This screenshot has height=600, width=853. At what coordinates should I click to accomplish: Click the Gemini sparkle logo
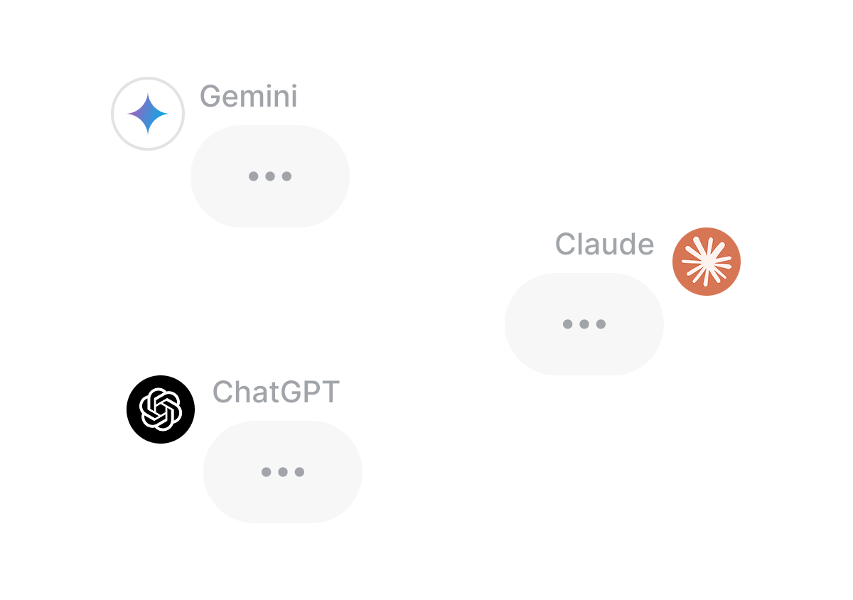[148, 114]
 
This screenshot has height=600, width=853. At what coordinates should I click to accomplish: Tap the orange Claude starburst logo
[707, 262]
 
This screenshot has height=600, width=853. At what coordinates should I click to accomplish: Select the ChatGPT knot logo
[161, 409]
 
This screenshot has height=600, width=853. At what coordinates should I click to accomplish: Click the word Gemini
[248, 97]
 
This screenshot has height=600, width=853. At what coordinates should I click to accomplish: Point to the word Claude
[604, 245]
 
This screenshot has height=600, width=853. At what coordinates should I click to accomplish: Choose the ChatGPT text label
[276, 392]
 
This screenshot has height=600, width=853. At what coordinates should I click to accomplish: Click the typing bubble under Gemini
[270, 176]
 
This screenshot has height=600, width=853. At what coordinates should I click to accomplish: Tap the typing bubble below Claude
[584, 324]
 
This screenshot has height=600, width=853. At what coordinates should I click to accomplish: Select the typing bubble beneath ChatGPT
[283, 472]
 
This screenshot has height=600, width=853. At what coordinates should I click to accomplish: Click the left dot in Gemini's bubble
[254, 176]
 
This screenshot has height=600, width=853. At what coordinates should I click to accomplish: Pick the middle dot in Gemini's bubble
[270, 176]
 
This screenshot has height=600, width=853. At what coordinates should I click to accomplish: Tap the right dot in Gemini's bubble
[286, 176]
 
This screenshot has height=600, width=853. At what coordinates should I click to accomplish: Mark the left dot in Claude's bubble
[568, 324]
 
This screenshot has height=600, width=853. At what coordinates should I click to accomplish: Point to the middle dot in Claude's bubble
[584, 324]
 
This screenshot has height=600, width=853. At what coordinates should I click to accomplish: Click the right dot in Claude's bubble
[601, 324]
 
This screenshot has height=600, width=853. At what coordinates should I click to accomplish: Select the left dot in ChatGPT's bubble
[267, 472]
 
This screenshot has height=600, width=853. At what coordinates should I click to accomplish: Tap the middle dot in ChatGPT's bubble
[283, 472]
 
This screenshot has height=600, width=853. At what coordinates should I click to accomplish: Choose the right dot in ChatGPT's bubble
[299, 472]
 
